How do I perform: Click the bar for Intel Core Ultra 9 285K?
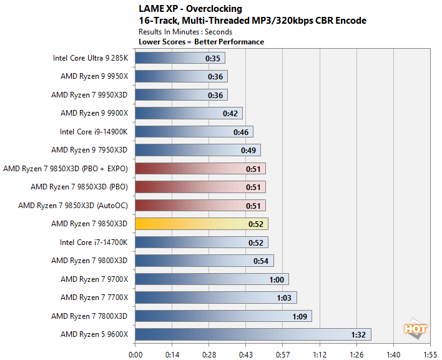pyautogui.click(x=180, y=58)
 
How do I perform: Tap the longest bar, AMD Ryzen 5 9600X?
pyautogui.click(x=253, y=334)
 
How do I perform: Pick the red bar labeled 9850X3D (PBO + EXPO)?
pyautogui.click(x=200, y=169)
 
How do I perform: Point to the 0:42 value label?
pyautogui.click(x=230, y=114)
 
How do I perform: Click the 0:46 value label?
pyautogui.click(x=241, y=132)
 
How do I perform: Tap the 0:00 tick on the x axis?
pyautogui.click(x=135, y=353)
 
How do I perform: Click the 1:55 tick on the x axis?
pyautogui.click(x=430, y=353)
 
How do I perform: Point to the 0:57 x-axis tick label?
pyautogui.click(x=282, y=353)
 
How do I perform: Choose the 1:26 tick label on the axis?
pyautogui.click(x=356, y=353)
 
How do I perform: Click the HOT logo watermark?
pyautogui.click(x=415, y=329)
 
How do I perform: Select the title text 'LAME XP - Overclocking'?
pyautogui.click(x=190, y=9)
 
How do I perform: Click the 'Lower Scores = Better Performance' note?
pyautogui.click(x=200, y=42)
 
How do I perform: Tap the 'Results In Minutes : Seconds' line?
pyautogui.click(x=185, y=31)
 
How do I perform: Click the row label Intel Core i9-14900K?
pyautogui.click(x=94, y=132)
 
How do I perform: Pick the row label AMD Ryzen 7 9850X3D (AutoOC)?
pyautogui.click(x=73, y=206)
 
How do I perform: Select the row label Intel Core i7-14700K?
pyautogui.click(x=94, y=242)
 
